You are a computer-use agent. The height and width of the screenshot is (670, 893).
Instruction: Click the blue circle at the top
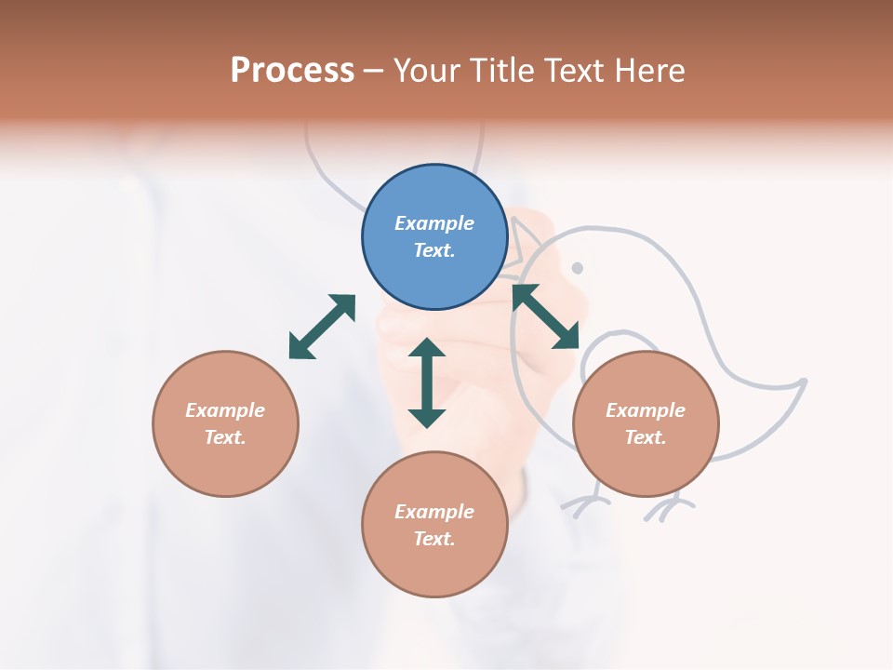pos(434,237)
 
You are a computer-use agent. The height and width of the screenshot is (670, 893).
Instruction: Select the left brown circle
pos(225,423)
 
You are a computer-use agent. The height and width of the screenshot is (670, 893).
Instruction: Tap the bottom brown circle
pos(434,524)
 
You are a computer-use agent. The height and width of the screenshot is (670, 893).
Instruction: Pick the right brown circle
pos(646,423)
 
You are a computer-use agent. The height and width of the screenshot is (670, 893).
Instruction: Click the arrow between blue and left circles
pos(322,327)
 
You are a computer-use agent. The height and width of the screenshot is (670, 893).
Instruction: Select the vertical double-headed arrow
pos(427,382)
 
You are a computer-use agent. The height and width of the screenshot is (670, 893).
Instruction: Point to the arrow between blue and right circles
pos(545,316)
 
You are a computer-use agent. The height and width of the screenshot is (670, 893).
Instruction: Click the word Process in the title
pos(292,70)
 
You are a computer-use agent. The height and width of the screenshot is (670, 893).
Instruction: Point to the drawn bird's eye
pos(577,268)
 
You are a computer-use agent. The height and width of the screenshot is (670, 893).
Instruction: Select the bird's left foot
pos(584,503)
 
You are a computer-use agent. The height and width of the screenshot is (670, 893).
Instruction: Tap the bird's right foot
pos(668,507)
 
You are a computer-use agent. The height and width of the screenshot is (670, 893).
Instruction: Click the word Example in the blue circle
pos(434,223)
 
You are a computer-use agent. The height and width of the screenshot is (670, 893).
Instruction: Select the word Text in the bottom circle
pos(433,539)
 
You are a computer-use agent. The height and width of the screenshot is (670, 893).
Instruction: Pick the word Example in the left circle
pos(225,410)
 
